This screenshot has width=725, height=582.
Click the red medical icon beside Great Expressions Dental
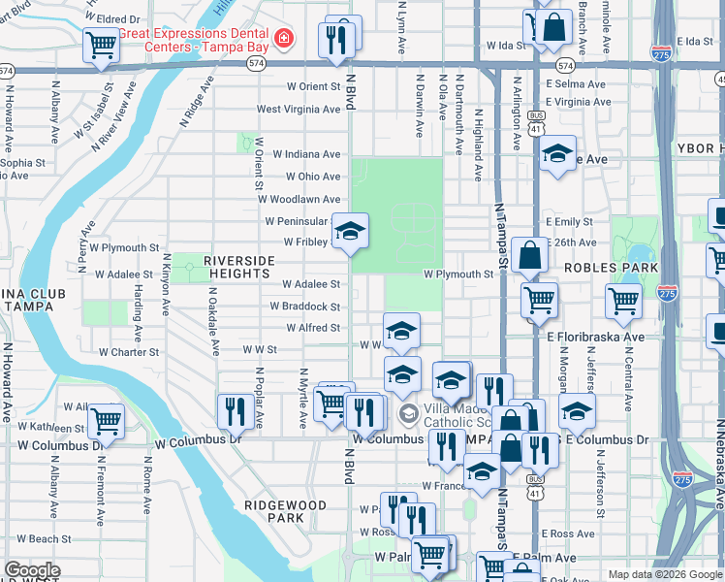pos(283,38)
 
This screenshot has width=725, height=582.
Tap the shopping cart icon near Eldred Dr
pos(101,44)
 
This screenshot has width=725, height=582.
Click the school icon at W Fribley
pos(351,230)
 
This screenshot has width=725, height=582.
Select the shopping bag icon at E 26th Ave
pos(529,256)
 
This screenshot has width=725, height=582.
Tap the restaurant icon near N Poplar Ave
pos(233,410)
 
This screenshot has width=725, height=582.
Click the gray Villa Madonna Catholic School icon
pos(409,414)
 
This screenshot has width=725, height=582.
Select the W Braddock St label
pos(304,307)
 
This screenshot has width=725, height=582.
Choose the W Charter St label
pos(127,352)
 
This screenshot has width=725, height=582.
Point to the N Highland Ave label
pos(479,144)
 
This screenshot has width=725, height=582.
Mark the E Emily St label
pos(571,221)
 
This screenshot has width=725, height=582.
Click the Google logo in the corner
pos(32,570)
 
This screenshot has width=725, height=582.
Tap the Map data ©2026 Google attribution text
pos(665,574)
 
